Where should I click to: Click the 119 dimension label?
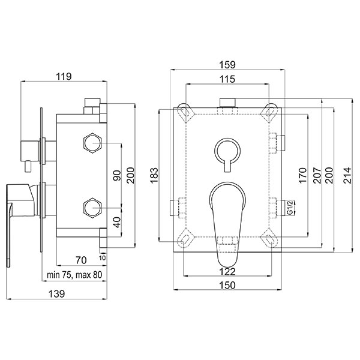(64, 76)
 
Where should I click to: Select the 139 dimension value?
(57, 293)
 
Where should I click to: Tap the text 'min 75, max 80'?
(74, 275)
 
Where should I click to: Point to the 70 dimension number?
(81, 260)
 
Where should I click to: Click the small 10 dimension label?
(103, 258)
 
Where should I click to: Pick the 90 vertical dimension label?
(117, 175)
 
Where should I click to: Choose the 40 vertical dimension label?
(117, 222)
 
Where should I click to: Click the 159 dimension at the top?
(227, 65)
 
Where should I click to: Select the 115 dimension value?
(227, 79)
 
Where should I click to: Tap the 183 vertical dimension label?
(154, 175)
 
